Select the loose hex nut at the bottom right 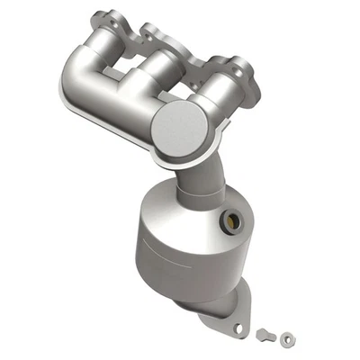(x=285, y=338)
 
